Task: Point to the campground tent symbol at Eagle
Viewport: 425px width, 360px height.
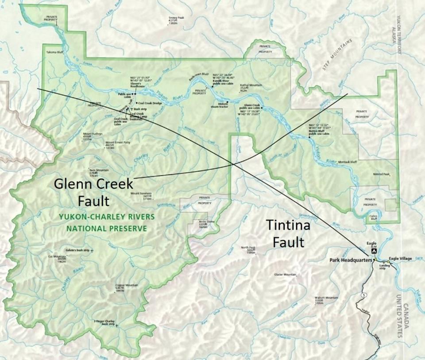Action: [x=374, y=251]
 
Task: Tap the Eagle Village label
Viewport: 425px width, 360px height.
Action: [x=401, y=258]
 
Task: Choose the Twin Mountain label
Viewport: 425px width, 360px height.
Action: [x=99, y=170]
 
